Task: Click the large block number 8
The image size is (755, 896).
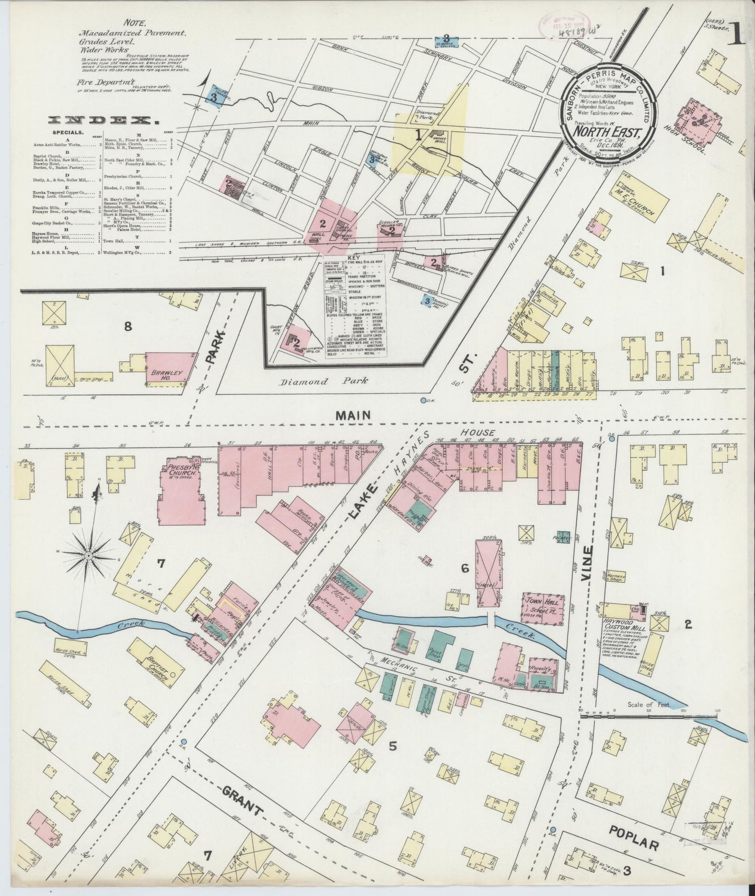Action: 126,327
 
